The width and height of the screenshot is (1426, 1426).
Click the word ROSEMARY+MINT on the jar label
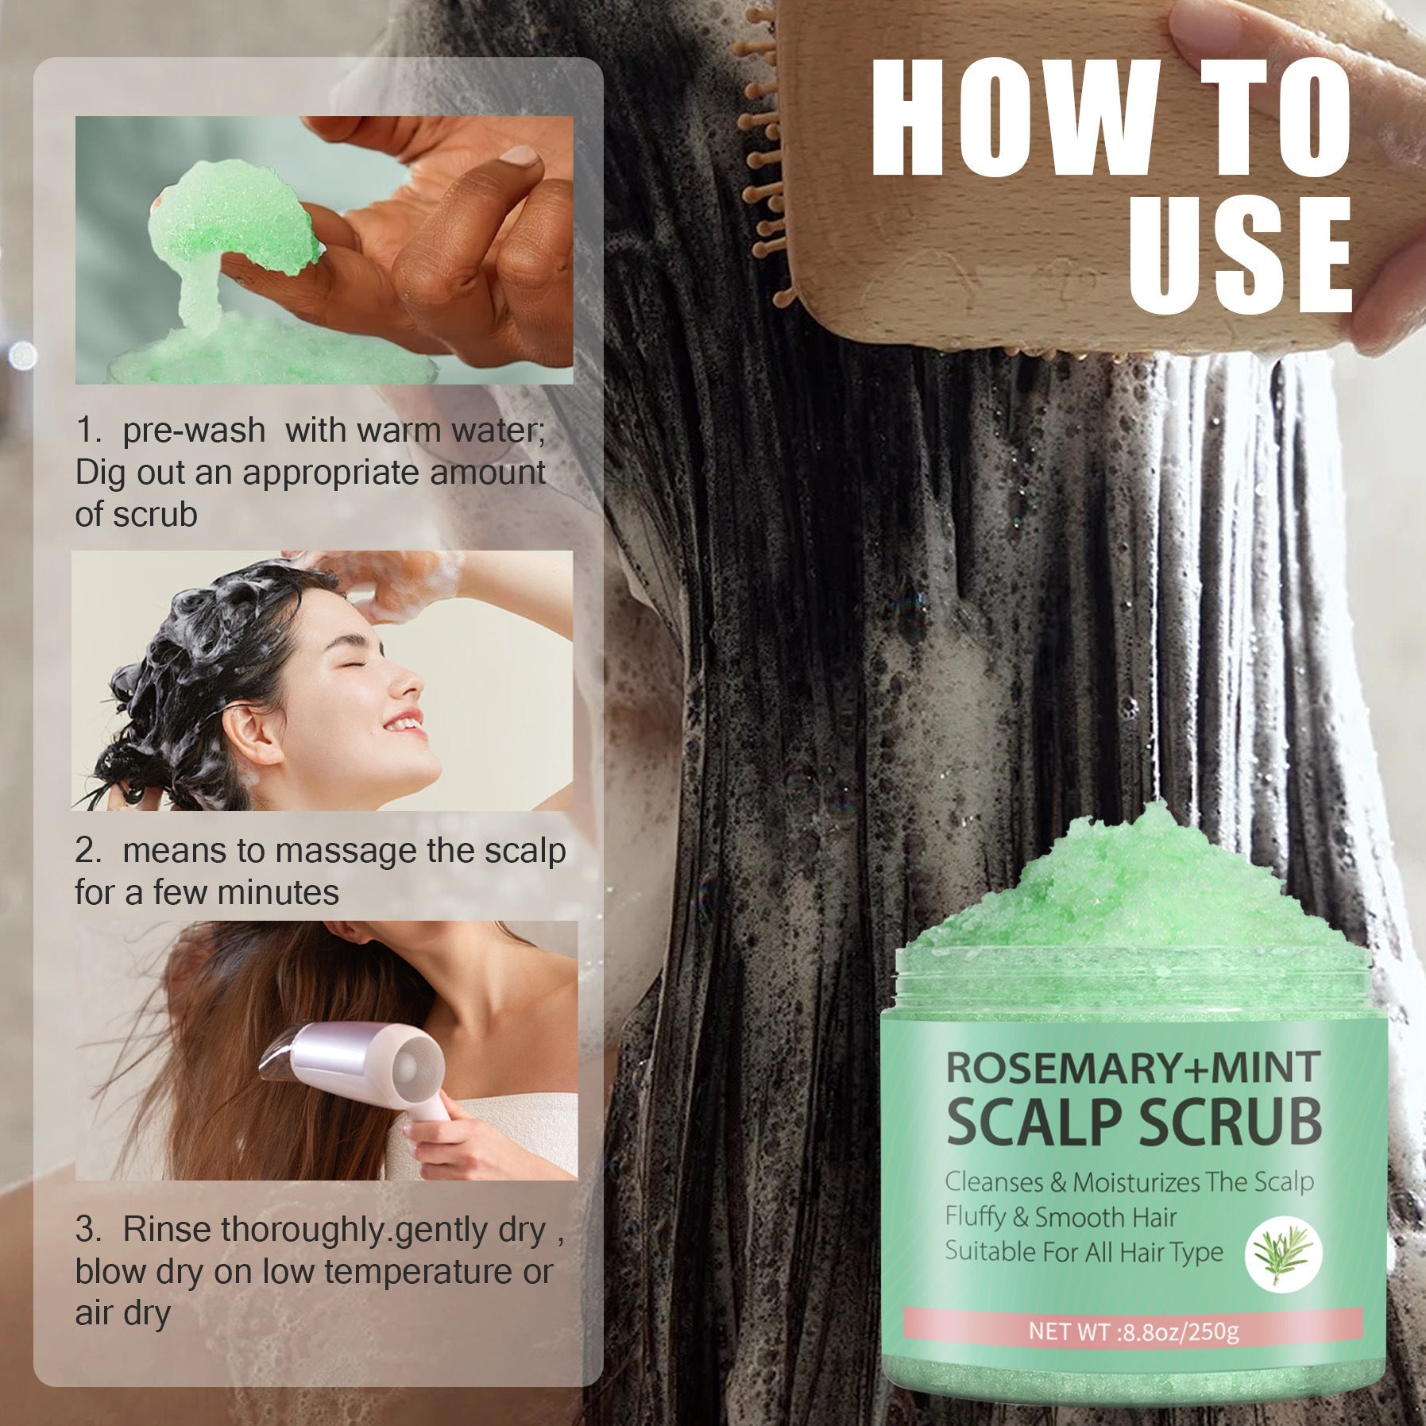pyautogui.click(x=1132, y=1067)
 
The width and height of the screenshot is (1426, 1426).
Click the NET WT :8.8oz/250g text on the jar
pyautogui.click(x=1133, y=1330)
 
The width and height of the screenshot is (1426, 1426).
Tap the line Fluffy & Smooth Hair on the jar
pyautogui.click(x=1061, y=1217)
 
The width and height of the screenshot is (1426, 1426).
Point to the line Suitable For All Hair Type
pyautogui.click(x=1084, y=1252)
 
